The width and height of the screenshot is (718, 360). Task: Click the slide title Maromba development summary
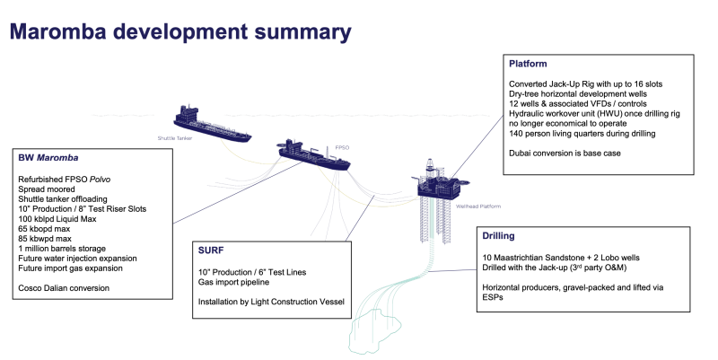179,32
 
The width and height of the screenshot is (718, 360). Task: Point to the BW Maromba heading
50,157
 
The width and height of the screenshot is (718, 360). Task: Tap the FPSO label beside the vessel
342,146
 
